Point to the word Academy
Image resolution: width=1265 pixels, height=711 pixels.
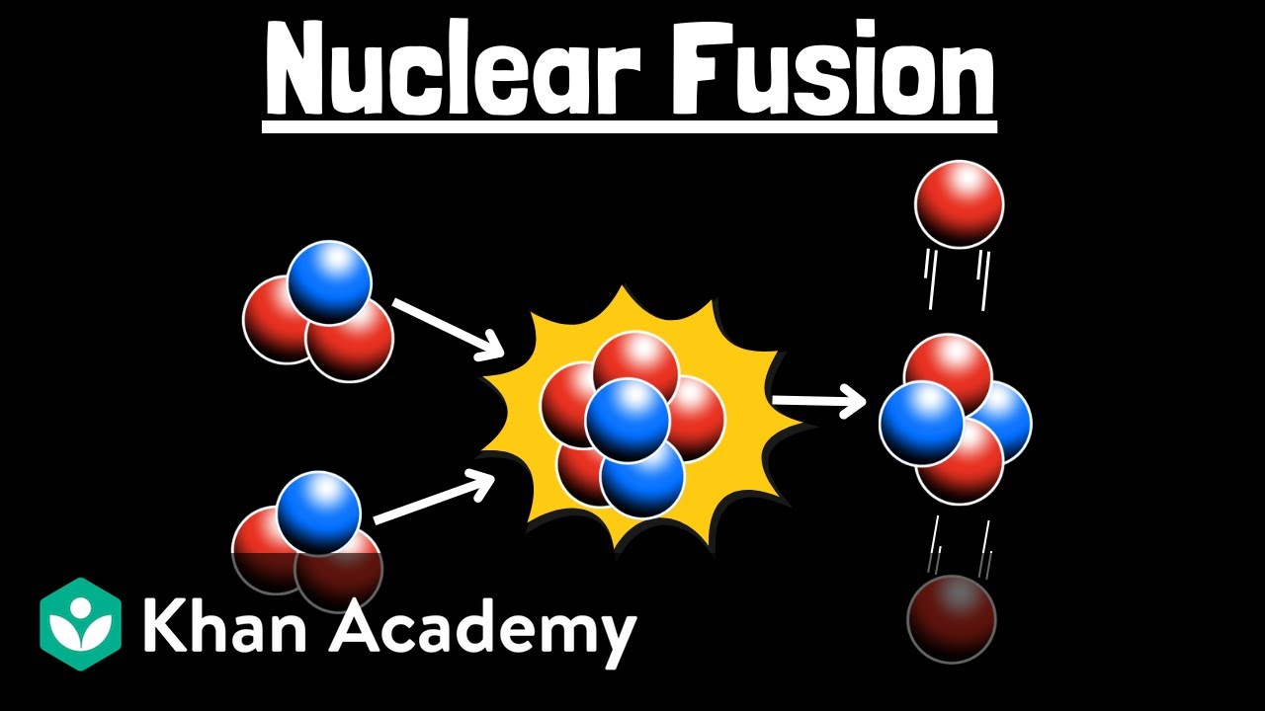482,628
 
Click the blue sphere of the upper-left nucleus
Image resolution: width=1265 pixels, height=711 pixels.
329,281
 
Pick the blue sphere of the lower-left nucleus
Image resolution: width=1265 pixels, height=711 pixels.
318,513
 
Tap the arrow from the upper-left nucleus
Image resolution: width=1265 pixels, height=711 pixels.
446,329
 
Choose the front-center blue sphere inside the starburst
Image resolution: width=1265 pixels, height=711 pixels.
628,420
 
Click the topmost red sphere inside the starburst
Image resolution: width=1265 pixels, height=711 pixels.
635,365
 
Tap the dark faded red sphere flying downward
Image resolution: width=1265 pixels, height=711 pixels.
952,619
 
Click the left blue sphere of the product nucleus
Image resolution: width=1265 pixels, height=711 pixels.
921,423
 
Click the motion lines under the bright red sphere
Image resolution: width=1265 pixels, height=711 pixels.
957,276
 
